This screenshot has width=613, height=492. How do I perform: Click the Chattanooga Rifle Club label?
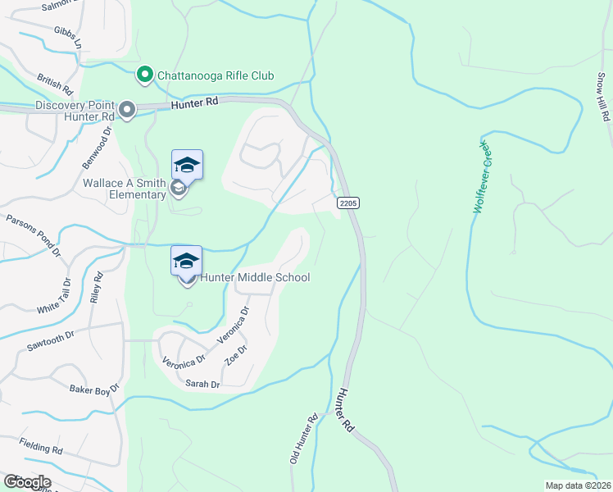(216, 75)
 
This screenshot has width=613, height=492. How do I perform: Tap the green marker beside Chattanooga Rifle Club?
(145, 75)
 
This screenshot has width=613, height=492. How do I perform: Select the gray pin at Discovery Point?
(127, 109)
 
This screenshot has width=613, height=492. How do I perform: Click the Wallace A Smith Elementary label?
(125, 189)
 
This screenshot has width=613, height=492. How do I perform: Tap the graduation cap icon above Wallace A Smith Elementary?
(187, 165)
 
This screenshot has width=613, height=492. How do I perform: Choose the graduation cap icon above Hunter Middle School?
(187, 261)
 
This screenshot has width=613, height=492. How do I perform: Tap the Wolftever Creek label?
(481, 176)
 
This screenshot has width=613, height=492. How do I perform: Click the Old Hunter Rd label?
(303, 440)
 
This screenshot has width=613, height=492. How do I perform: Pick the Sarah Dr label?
(202, 384)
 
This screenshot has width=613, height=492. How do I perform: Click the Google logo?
(27, 481)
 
